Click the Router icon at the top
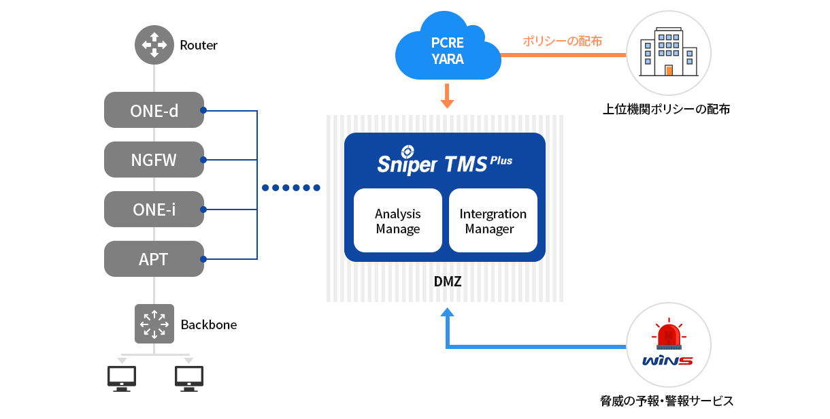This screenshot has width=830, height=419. tap(154, 45)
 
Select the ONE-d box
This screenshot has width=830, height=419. tap(154, 110)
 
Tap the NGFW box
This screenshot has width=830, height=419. tap(154, 160)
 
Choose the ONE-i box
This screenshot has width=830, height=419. tap(154, 209)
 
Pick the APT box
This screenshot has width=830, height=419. tap(154, 259)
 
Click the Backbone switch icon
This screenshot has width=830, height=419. tap(154, 323)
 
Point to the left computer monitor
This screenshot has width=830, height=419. tap(122, 378)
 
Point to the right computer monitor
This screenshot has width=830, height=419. tap(188, 378)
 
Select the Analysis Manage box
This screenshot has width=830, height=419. tap(398, 221)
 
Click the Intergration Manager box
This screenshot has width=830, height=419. tap(493, 221)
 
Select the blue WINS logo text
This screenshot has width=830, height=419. tap(667, 360)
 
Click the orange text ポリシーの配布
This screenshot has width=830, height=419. tap(562, 41)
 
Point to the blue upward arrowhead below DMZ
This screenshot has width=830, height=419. tap(447, 313)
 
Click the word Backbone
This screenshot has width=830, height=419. tap(209, 324)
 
